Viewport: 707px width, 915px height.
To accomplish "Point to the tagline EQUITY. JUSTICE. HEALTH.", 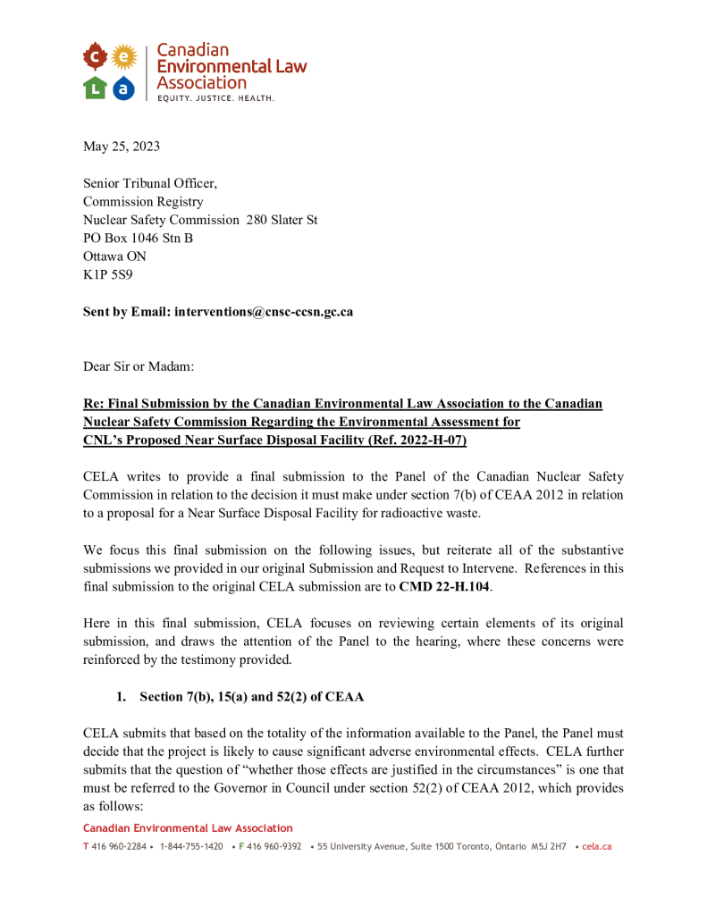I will pyautogui.click(x=215, y=97).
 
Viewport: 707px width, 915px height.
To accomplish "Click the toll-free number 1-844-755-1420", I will pyautogui.click(x=191, y=846).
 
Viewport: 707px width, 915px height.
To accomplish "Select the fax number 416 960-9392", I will pyautogui.click(x=274, y=846).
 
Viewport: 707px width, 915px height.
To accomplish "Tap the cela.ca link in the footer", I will pyautogui.click(x=596, y=846).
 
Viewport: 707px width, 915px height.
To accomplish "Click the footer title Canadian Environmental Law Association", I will pyautogui.click(x=188, y=828).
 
